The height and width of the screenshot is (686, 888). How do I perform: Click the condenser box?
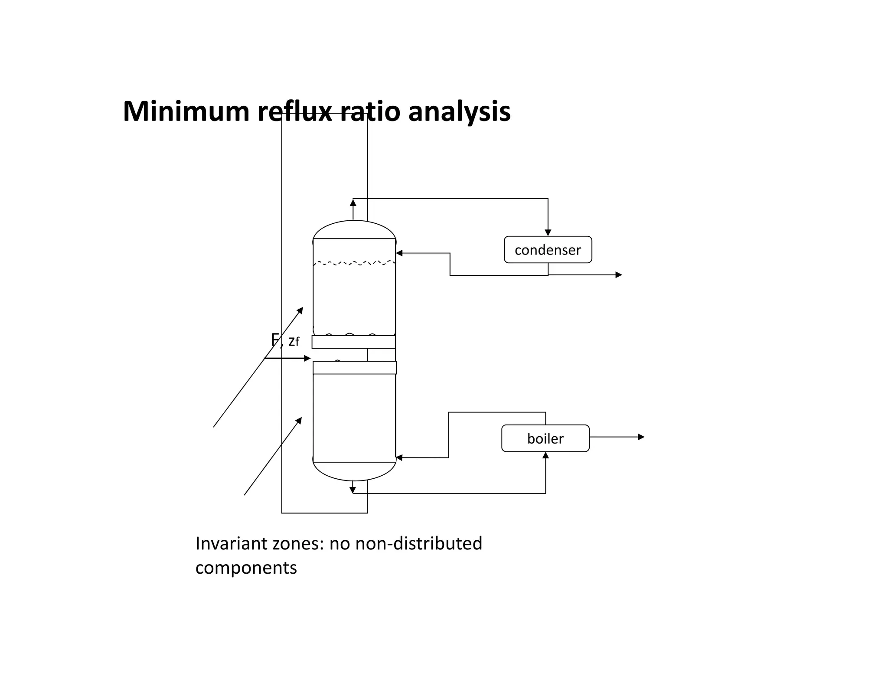(x=548, y=250)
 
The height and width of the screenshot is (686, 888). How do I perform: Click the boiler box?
(x=545, y=438)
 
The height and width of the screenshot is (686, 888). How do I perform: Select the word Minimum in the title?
(x=186, y=111)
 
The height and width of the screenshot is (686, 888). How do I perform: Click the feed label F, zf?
(x=285, y=341)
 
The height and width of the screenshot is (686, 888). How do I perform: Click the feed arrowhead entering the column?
(x=307, y=358)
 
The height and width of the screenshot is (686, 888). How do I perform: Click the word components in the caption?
(x=246, y=568)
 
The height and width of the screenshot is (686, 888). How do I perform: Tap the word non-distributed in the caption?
(x=418, y=543)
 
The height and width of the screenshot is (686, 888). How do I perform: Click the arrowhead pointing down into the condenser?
(x=548, y=233)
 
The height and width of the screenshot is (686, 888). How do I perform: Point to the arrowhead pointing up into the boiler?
(x=545, y=455)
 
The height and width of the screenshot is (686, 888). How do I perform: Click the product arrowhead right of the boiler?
(x=641, y=437)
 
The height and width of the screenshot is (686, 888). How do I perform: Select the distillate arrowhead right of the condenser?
(x=619, y=275)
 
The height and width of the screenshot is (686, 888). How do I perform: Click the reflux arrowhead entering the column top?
(x=399, y=253)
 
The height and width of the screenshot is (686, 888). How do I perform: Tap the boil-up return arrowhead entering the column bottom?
(x=399, y=457)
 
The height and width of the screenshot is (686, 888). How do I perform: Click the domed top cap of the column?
(x=354, y=229)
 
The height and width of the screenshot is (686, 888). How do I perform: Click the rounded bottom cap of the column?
(x=354, y=472)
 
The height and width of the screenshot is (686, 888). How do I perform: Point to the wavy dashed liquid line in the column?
(x=354, y=263)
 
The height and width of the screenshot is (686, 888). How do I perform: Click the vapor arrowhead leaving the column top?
(x=353, y=203)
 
